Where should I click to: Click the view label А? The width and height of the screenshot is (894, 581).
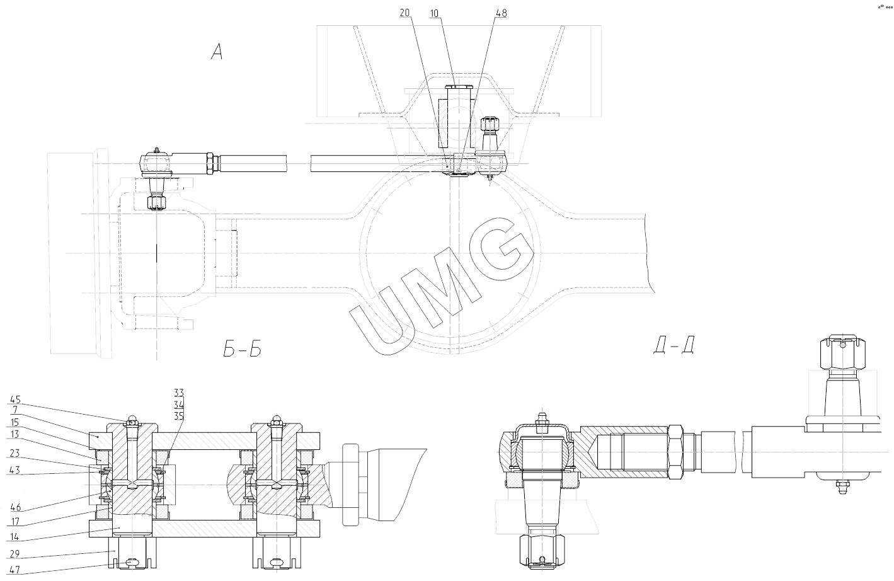point(216,53)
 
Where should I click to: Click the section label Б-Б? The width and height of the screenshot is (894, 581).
point(242,348)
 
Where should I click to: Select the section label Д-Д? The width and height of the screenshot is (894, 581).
point(675,345)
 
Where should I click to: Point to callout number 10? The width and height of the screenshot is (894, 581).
point(435,13)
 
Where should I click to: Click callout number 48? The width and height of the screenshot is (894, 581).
point(500,13)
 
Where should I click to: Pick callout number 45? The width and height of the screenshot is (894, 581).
point(14,399)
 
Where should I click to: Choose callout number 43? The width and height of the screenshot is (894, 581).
point(14,470)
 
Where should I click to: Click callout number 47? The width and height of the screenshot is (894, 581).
point(14,569)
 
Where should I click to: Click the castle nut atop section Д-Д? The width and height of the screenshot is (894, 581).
point(842,354)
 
